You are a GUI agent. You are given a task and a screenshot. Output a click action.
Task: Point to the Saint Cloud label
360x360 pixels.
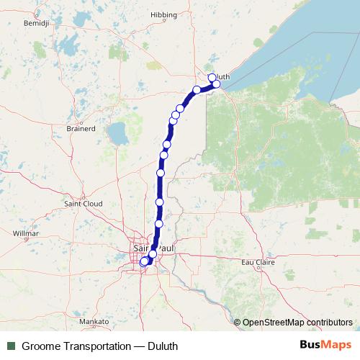pos(84,204)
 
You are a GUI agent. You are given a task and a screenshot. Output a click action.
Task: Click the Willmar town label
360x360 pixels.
pos(26,234)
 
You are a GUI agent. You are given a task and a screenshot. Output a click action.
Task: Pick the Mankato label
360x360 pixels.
pos(94,321)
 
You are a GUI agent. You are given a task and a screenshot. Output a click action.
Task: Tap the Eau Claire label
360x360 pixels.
pos(258,262)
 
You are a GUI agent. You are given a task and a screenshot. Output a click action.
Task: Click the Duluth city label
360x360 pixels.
pos(221,77)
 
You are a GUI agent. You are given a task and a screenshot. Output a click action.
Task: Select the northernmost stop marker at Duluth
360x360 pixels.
pos(212,77)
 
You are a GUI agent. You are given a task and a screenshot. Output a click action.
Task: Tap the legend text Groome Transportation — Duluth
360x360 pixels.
pos(99,346)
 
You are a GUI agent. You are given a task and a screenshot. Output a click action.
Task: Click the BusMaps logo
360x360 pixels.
pos(325,345)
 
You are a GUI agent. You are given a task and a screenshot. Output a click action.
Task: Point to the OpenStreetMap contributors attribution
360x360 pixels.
pos(297,322)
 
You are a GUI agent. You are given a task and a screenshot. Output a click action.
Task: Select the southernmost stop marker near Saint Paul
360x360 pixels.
pos(143,262)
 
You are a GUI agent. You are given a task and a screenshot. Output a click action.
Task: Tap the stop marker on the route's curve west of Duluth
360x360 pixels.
pos(197,90)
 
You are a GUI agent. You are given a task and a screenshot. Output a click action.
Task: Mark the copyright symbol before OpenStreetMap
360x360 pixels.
pos(238,322)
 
